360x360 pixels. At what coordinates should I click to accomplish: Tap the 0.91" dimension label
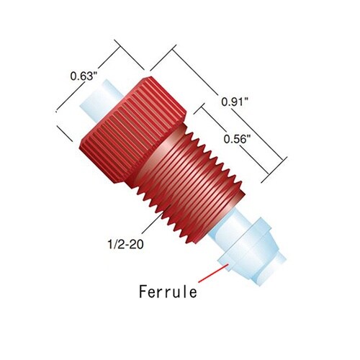coord(235,102)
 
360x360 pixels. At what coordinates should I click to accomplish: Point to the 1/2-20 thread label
coord(125,244)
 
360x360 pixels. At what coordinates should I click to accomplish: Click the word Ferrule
coord(168,292)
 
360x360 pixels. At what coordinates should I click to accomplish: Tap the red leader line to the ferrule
coord(213,273)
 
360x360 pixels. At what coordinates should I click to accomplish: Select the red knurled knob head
coord(132,130)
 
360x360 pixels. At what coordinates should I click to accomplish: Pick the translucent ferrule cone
coord(250,247)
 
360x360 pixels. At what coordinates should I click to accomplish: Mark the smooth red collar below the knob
coord(160,153)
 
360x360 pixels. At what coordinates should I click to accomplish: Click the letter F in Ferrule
coord(143,292)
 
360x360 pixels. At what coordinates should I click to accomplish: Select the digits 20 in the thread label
coord(138,244)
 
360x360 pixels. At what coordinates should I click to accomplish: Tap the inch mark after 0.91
coord(246,99)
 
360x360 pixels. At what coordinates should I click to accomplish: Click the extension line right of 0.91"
coord(274,170)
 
